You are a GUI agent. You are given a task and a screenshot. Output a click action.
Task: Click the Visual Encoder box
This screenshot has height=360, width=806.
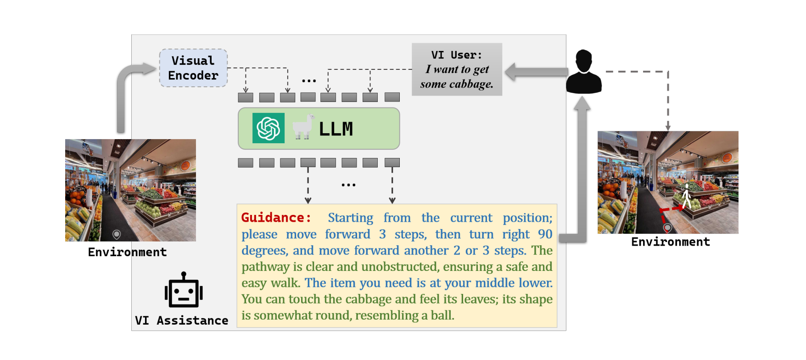(x=193, y=68)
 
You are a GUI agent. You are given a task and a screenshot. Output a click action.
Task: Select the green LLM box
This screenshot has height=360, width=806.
(x=319, y=129)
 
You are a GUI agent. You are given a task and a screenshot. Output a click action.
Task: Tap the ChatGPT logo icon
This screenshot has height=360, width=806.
(x=269, y=128)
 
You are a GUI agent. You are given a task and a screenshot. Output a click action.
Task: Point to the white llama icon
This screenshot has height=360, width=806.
(x=302, y=127)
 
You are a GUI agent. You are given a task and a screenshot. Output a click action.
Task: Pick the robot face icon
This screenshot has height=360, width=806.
(x=184, y=290)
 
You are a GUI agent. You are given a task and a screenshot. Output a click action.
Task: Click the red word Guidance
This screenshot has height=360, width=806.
(x=276, y=218)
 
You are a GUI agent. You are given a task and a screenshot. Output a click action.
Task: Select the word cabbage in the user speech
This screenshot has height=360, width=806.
(x=471, y=84)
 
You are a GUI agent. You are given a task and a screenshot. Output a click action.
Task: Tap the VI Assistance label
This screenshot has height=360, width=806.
(x=182, y=321)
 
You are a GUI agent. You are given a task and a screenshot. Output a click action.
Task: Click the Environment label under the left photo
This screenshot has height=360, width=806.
(x=128, y=252)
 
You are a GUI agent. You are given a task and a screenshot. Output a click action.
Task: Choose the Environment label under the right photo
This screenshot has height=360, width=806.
(x=671, y=242)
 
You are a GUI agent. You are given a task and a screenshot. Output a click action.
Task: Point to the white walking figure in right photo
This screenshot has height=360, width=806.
(x=686, y=196)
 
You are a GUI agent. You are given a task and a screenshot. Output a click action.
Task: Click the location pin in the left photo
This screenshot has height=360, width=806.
(x=117, y=235)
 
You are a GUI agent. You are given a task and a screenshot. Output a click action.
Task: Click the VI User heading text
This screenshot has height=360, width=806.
(x=457, y=55)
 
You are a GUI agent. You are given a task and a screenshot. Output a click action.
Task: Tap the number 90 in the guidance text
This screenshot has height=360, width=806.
(x=545, y=234)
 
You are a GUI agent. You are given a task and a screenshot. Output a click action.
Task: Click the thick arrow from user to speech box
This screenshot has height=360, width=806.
(x=536, y=72)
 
